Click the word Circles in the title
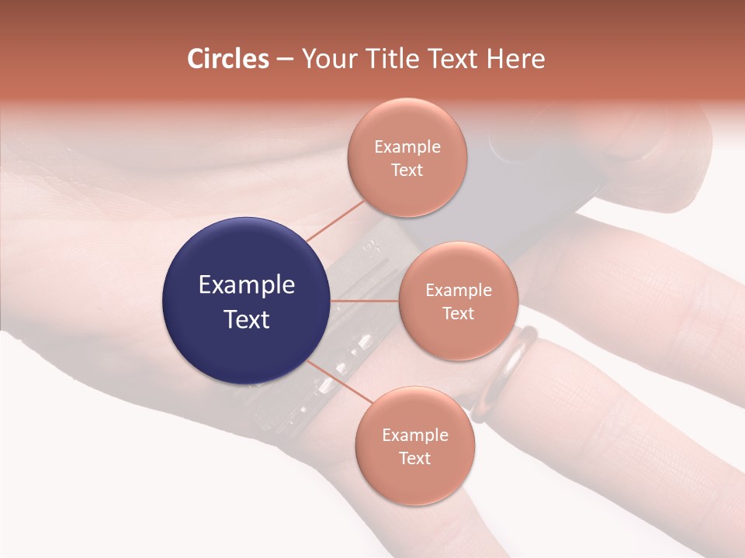pos(228,59)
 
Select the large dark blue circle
pos(247,301)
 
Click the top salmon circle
pos(407,157)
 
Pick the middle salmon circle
pos(458,301)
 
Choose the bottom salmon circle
pos(414,446)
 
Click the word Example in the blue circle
pos(247,285)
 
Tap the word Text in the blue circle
pos(247,319)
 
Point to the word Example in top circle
pos(407,147)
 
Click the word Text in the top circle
pos(407,170)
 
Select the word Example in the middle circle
pos(458,291)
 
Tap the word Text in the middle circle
pos(458,313)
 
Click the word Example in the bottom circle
pos(414,435)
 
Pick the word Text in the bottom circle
pos(414,458)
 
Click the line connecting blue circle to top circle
pos(335,220)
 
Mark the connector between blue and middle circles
pos(365,301)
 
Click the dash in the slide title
pos(285,60)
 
